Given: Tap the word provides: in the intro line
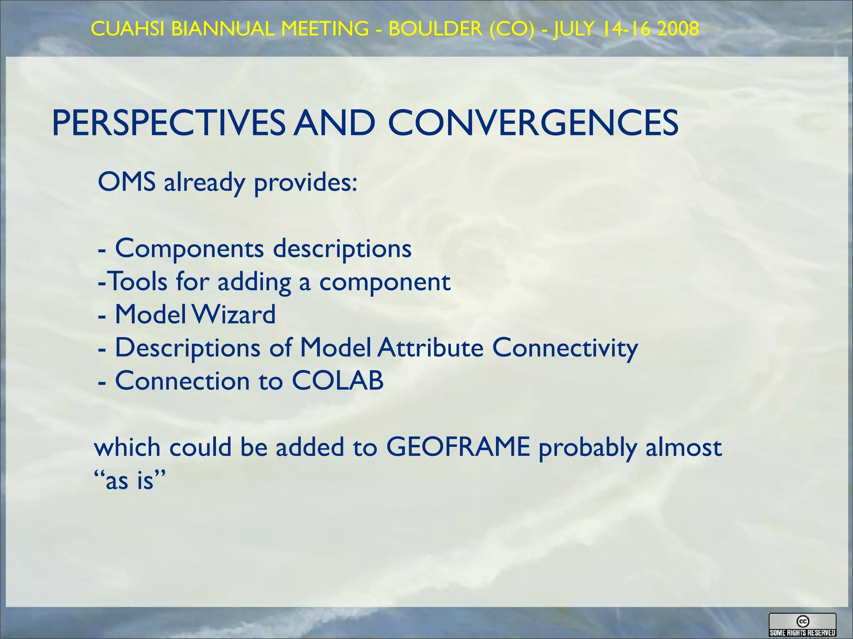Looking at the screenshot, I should pyautogui.click(x=306, y=183).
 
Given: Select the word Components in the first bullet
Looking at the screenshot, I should pyautogui.click(x=190, y=249).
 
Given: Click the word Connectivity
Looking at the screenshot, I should pyautogui.click(x=565, y=349).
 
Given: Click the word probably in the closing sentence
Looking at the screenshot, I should pyautogui.click(x=588, y=448).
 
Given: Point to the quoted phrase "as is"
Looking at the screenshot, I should pyautogui.click(x=130, y=480).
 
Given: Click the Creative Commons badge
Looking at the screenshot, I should pyautogui.click(x=802, y=625).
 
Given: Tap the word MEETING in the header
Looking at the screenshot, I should pyautogui.click(x=325, y=29).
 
